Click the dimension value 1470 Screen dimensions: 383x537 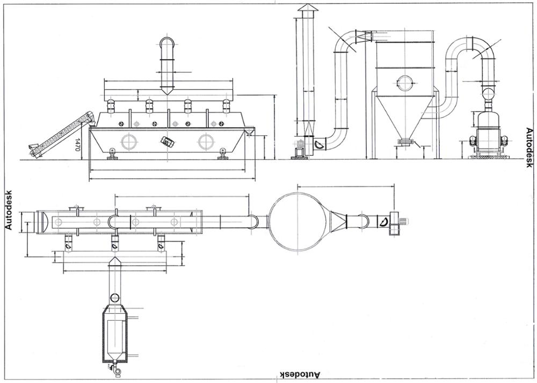[78, 145]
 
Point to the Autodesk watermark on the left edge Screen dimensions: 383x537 [8, 209]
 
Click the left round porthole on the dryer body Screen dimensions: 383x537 [129, 141]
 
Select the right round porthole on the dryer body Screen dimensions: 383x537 [206, 141]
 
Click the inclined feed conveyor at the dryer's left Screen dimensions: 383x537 [59, 132]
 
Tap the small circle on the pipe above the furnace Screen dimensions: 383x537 [115, 298]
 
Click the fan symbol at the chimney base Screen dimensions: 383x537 [319, 144]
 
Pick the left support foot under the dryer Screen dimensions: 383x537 [112, 154]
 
